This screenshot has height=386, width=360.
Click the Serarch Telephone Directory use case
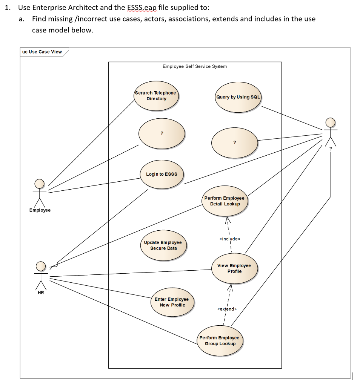[x=156, y=96]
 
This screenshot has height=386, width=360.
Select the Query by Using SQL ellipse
[x=238, y=97]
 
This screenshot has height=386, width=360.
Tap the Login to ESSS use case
[x=162, y=174]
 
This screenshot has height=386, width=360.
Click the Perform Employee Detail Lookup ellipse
[x=225, y=201]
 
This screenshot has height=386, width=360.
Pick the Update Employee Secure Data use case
[x=163, y=245]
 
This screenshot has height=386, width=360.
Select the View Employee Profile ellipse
[x=234, y=268]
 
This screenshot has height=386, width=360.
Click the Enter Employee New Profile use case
[x=172, y=302]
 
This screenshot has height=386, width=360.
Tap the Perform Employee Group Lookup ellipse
[x=220, y=340]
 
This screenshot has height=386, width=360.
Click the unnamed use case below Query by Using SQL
[x=234, y=142]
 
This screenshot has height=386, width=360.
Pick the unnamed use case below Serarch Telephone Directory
[x=162, y=133]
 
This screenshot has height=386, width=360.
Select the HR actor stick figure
[x=41, y=274]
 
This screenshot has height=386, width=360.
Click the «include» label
[x=229, y=239]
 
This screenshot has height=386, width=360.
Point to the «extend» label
[x=227, y=309]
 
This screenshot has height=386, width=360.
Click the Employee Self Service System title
[x=195, y=66]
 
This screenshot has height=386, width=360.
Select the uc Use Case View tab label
[x=42, y=52]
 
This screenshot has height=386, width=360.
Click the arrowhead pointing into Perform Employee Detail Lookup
[x=228, y=219]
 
